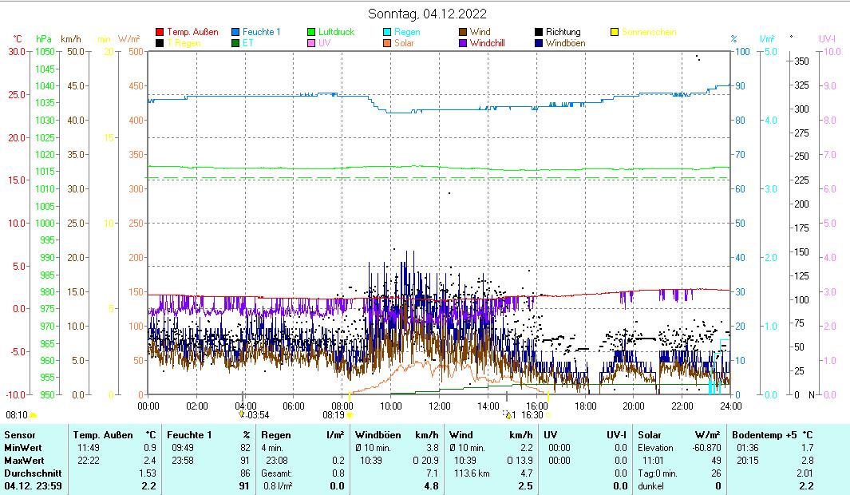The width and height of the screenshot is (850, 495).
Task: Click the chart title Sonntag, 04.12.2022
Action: [x=427, y=14]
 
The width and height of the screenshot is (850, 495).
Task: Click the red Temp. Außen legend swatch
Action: [x=160, y=32]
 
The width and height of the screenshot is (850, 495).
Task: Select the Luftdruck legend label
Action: [x=336, y=32]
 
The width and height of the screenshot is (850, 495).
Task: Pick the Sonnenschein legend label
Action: [x=649, y=32]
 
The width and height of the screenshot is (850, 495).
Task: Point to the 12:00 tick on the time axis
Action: [x=439, y=406]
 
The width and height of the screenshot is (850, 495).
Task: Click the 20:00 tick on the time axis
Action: [x=633, y=406]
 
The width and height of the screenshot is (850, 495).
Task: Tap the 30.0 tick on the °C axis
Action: [x=17, y=52]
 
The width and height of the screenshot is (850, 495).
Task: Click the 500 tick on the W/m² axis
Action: [x=135, y=52]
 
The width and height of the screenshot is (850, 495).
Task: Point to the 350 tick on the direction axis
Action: [x=803, y=61]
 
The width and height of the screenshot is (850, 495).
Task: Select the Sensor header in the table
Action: [x=19, y=435]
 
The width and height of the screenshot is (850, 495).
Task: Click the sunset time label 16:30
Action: [x=532, y=415]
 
